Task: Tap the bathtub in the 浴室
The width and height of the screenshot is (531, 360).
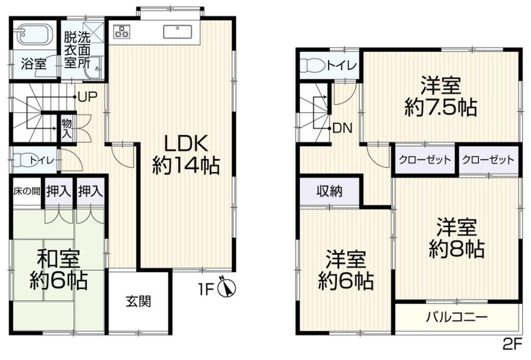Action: [x=35, y=34]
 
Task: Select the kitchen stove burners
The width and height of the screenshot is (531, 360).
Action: [x=122, y=31]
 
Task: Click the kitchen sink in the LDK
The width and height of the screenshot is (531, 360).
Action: [x=178, y=32]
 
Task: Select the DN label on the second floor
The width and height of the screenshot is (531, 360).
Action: [x=343, y=128]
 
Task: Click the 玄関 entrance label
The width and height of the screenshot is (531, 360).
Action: [x=138, y=301]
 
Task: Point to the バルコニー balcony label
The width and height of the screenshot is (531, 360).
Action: [x=457, y=318]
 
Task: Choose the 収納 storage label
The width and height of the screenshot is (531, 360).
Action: [x=330, y=192]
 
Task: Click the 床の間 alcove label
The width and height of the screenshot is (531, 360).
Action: [x=27, y=191]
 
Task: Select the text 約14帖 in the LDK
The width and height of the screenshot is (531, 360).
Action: [x=186, y=166]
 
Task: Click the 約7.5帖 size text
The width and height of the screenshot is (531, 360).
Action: [x=441, y=108]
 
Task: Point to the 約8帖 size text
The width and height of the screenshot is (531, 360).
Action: [x=457, y=249]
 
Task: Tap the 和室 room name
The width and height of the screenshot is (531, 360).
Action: [x=58, y=259]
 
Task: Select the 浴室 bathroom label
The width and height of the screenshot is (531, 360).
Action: [x=33, y=64]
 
